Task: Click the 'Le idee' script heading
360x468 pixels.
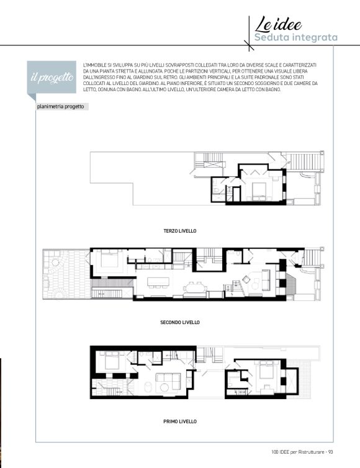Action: (x=278, y=24)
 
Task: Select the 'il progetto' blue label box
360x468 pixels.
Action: (x=52, y=77)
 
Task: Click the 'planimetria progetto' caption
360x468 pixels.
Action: (x=61, y=107)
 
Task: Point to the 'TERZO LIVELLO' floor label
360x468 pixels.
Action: (x=180, y=231)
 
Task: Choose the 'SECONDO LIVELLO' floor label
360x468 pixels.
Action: (x=180, y=322)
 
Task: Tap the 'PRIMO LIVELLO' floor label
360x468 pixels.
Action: (x=180, y=421)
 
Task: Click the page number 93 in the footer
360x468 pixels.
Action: (x=330, y=452)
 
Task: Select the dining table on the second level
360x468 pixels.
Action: (x=196, y=288)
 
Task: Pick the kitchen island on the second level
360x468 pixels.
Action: (x=158, y=281)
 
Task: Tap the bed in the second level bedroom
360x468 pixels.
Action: (x=110, y=259)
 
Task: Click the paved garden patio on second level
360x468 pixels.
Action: (x=66, y=274)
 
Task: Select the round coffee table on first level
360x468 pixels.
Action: (x=164, y=387)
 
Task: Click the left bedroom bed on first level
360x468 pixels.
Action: (x=112, y=361)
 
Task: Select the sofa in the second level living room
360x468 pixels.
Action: (x=266, y=280)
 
